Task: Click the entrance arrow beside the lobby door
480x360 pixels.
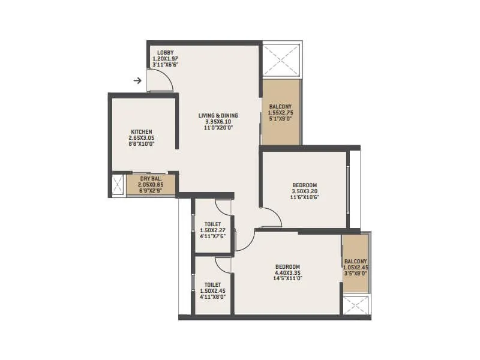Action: coord(137,80)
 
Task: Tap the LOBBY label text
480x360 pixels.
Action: coord(166,53)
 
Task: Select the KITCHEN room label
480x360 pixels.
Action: coord(142,131)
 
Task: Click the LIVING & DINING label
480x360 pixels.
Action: coord(218,115)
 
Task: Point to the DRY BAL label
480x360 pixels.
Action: coord(149,178)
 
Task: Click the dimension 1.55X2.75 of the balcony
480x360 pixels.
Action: coord(281,112)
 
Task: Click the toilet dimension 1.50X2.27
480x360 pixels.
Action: coord(212,230)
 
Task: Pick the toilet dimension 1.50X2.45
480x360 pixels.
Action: coord(212,291)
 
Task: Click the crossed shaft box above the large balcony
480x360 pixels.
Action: coord(281,60)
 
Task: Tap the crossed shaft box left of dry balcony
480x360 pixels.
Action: coord(118,184)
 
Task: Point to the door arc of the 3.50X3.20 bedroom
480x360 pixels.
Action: coord(271,217)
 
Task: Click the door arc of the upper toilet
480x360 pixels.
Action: coord(224,208)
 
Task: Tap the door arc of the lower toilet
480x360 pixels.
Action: coord(223,265)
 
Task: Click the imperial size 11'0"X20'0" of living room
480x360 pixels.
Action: coord(218,128)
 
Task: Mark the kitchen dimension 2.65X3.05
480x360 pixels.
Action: coord(142,138)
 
